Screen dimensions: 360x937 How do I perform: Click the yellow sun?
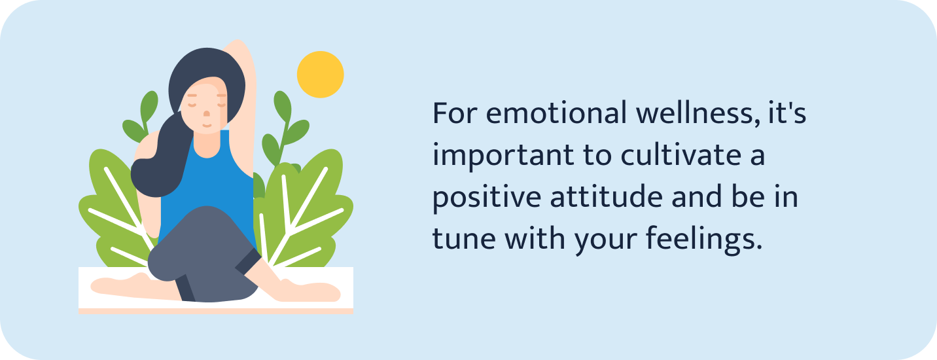pyautogui.click(x=320, y=74)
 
